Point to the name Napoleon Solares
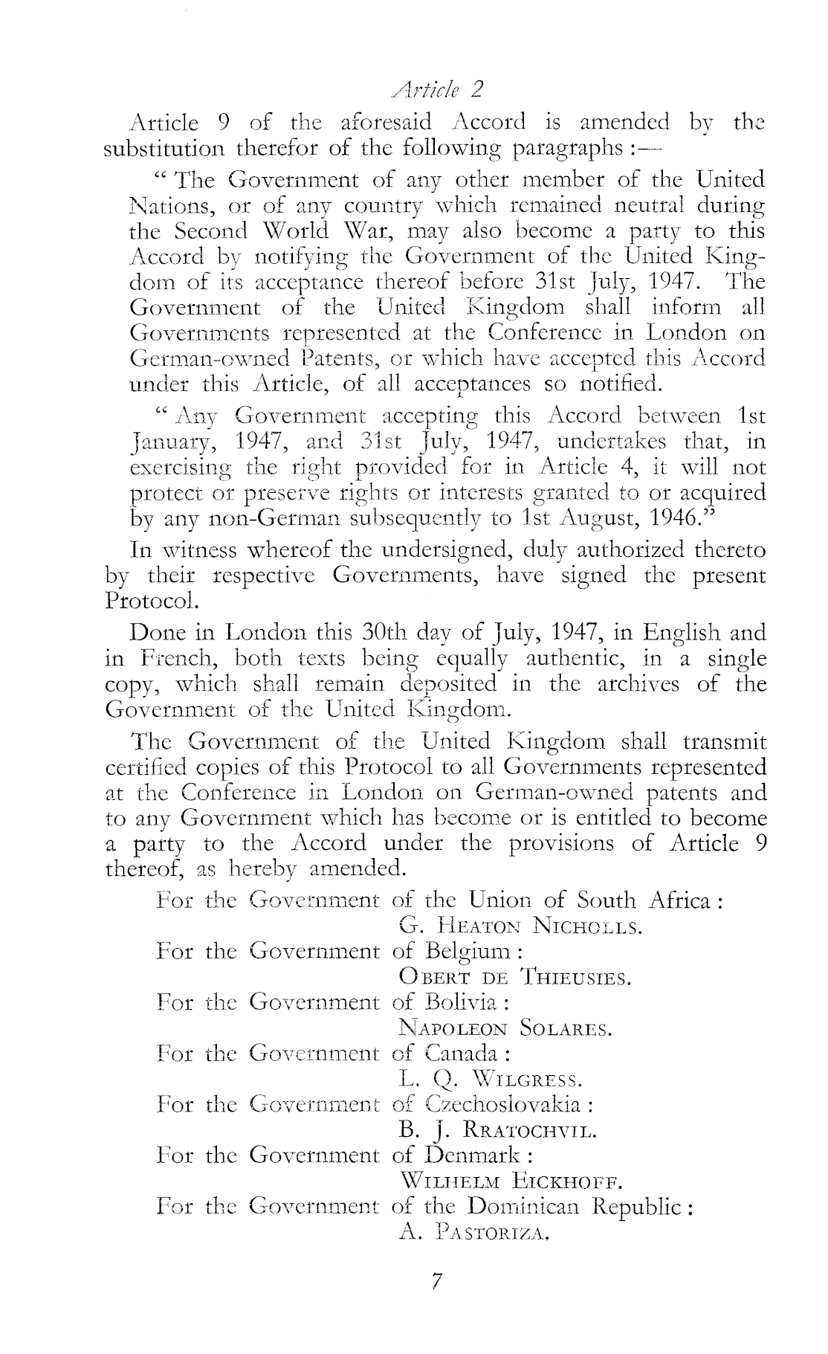[505, 1028]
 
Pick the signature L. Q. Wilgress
[491, 1078]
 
